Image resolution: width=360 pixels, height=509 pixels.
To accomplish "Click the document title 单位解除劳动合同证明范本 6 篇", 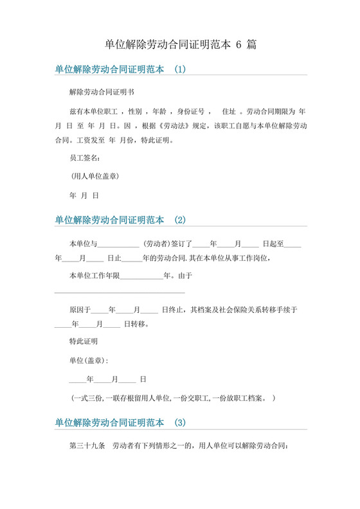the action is pos(181,44).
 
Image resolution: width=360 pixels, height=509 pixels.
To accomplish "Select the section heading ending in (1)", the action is pos(120,69).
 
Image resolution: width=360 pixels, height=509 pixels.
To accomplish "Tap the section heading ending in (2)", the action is pos(120,220).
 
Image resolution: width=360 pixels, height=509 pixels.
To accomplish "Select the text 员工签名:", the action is pos(84,157).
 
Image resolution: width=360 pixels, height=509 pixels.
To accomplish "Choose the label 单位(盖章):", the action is pos(89,360).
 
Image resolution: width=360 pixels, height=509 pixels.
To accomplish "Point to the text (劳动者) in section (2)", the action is pos(156,244).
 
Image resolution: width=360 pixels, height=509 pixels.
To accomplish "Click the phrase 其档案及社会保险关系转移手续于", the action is pos(244,309).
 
